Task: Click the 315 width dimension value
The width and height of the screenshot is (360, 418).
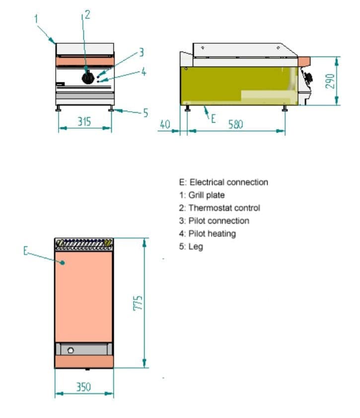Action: (x=83, y=121)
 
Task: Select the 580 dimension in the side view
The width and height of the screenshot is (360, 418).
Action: (x=235, y=124)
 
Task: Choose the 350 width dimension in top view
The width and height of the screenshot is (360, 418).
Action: (x=83, y=387)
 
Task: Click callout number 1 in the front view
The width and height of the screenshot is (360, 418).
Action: (x=36, y=19)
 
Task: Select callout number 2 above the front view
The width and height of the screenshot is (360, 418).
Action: (x=87, y=14)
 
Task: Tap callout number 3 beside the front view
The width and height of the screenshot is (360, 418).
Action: (x=141, y=52)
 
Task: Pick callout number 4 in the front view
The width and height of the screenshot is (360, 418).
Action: (x=144, y=71)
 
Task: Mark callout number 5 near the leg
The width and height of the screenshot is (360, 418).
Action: (x=145, y=113)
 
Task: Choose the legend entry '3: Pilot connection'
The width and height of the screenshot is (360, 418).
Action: (x=215, y=221)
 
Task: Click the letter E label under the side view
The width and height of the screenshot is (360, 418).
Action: (x=214, y=118)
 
